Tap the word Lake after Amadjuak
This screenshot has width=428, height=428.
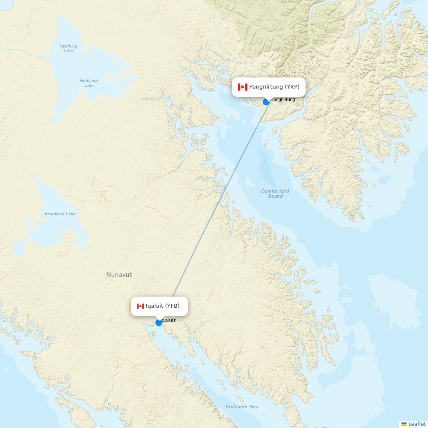(x=71, y=214)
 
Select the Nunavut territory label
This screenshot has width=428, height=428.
(x=119, y=275)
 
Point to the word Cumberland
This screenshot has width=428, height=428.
(x=275, y=191)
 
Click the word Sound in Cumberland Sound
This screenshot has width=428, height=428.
(x=275, y=196)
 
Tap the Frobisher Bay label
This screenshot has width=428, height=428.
(x=242, y=407)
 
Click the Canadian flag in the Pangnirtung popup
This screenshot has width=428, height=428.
(x=243, y=87)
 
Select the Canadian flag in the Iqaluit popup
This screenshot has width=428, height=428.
(x=140, y=306)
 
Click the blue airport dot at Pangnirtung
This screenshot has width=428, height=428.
(x=266, y=102)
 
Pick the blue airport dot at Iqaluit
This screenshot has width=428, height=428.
(x=159, y=323)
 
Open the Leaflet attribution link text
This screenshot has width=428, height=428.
(x=417, y=424)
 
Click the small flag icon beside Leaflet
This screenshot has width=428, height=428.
(x=404, y=424)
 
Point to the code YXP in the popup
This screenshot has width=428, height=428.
(x=293, y=87)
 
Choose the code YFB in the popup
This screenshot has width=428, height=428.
(x=173, y=306)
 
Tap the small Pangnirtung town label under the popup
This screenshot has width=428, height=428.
(x=283, y=99)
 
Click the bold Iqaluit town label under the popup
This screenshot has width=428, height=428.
(x=169, y=320)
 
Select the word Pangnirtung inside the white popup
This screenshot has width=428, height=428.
(x=266, y=87)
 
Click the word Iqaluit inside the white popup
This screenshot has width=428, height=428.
(x=155, y=306)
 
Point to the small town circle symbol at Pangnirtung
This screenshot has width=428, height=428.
(x=270, y=103)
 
